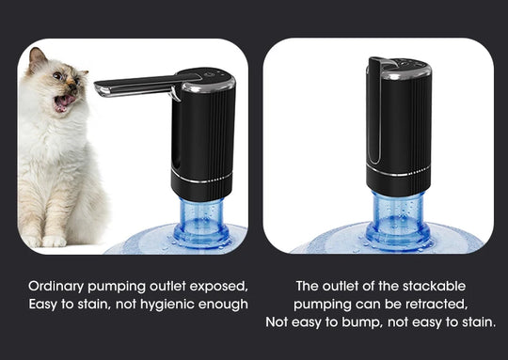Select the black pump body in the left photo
[x=201, y=141]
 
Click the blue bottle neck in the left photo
[x=201, y=220]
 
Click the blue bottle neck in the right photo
[x=398, y=218]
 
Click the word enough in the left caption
[x=227, y=305]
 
